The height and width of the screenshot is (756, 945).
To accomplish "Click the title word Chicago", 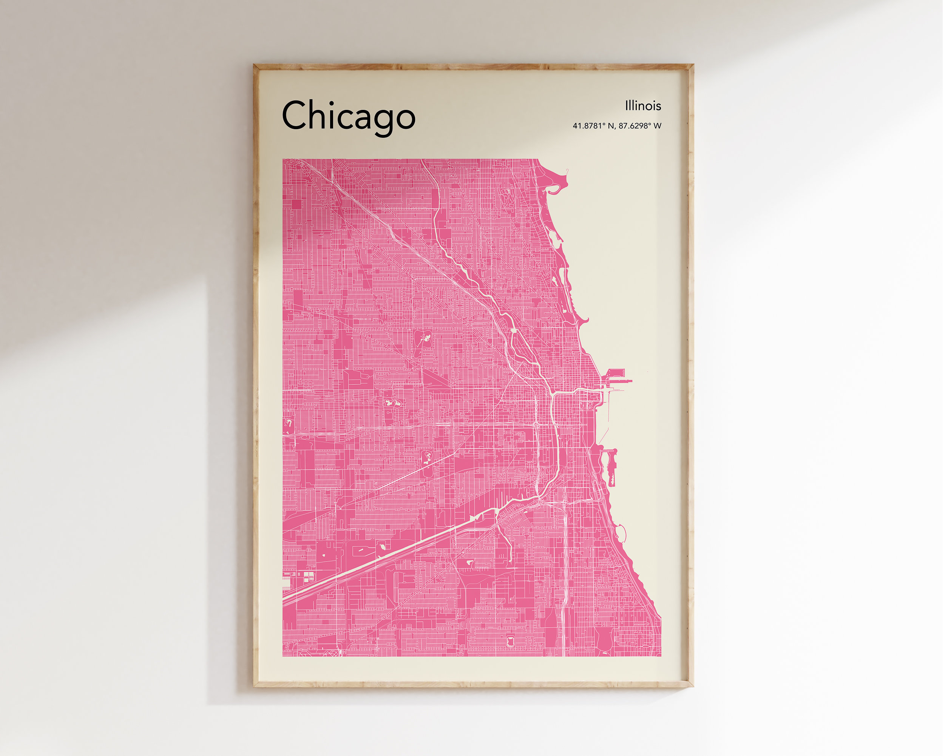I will [349, 116].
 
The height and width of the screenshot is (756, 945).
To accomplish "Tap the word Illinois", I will [643, 106].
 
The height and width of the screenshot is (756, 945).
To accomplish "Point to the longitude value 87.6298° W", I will [640, 126].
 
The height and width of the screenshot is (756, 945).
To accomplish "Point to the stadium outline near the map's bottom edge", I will [511, 642].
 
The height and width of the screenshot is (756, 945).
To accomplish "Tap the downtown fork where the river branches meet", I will [552, 393].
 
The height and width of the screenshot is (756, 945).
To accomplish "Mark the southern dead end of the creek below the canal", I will [511, 562].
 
